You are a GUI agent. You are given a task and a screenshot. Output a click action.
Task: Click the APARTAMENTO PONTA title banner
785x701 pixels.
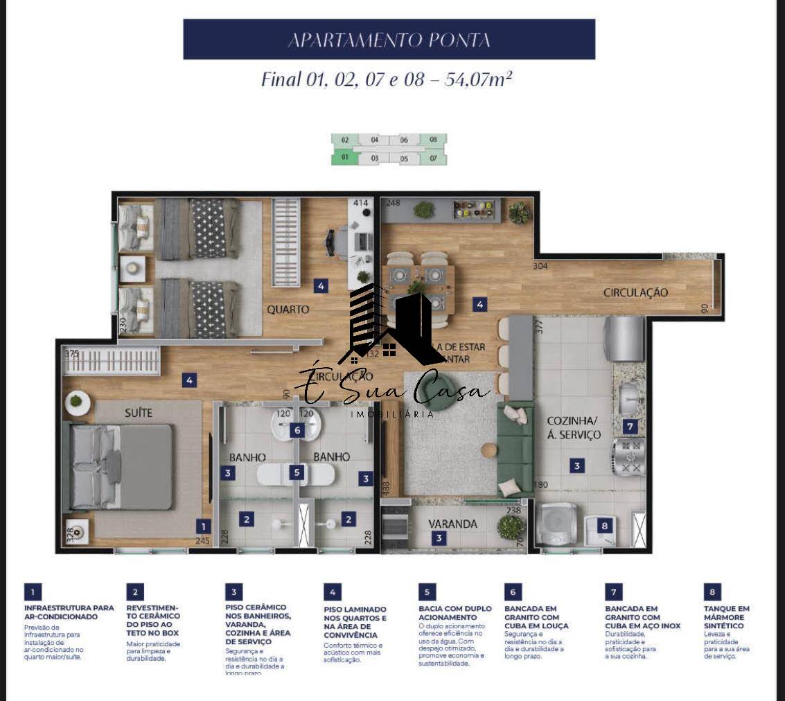[x=389, y=39]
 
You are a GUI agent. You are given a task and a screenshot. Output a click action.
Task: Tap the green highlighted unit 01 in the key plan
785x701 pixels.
[x=344, y=157]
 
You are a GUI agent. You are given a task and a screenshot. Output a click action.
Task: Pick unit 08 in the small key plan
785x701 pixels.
[x=433, y=140]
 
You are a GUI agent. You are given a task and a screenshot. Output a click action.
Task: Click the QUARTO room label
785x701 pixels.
[x=288, y=310]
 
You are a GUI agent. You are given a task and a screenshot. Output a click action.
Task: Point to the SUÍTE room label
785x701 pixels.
[x=138, y=413]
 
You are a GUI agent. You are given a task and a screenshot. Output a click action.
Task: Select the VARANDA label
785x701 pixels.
[x=452, y=524]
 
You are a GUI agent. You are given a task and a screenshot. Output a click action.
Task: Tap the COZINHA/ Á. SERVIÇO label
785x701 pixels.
[x=573, y=428]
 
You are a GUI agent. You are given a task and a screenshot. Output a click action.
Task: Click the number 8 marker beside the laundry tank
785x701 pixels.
[x=605, y=526]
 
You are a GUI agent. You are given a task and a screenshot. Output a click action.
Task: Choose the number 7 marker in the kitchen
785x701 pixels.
[x=630, y=427]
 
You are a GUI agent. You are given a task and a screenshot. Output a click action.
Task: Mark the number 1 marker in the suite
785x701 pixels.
[x=202, y=526]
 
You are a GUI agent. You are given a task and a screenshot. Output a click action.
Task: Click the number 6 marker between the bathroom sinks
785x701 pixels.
[x=297, y=430]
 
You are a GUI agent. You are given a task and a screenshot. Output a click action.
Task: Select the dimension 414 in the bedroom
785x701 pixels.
[x=360, y=204]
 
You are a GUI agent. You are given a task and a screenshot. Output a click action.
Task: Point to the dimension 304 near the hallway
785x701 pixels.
[x=541, y=266]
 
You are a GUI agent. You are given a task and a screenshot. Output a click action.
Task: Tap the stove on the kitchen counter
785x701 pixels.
[x=629, y=458]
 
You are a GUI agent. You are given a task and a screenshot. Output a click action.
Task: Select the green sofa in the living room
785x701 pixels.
[x=514, y=450]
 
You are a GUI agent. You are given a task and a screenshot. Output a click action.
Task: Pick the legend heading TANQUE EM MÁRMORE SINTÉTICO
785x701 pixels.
[x=727, y=617]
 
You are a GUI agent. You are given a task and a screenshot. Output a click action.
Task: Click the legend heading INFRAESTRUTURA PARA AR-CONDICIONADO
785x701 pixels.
[x=69, y=612]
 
